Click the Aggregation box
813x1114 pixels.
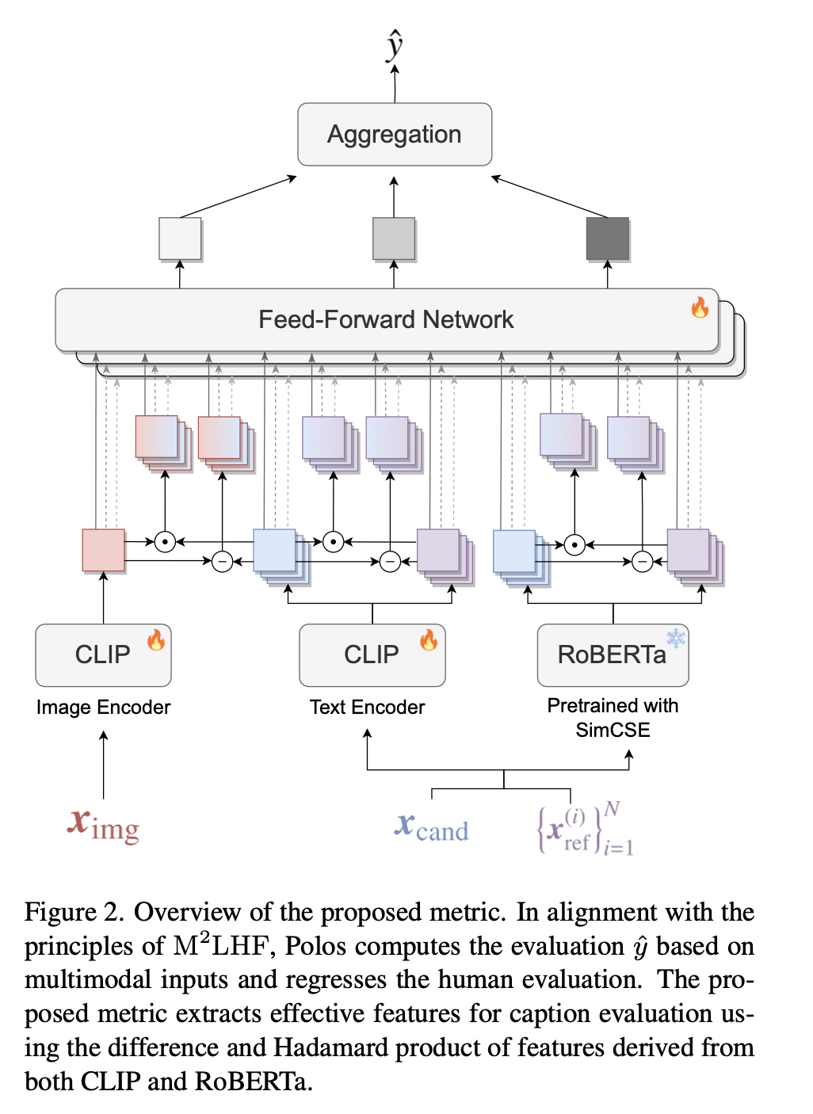click(x=395, y=135)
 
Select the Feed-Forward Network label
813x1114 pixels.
click(x=386, y=319)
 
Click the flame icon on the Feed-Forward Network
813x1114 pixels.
click(x=700, y=307)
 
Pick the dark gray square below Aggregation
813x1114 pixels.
click(x=608, y=238)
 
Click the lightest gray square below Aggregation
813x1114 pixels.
click(x=180, y=238)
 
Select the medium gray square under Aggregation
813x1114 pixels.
click(x=394, y=238)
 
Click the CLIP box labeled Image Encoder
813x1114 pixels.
click(x=103, y=655)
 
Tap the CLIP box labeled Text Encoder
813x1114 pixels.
click(x=372, y=655)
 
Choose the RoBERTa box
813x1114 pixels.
click(x=613, y=655)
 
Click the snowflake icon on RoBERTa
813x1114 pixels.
click(x=676, y=638)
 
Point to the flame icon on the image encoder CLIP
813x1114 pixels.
click(x=156, y=639)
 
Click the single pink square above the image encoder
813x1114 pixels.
click(x=104, y=550)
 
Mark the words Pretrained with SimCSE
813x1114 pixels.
click(x=613, y=717)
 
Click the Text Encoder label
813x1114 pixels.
click(x=367, y=707)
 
